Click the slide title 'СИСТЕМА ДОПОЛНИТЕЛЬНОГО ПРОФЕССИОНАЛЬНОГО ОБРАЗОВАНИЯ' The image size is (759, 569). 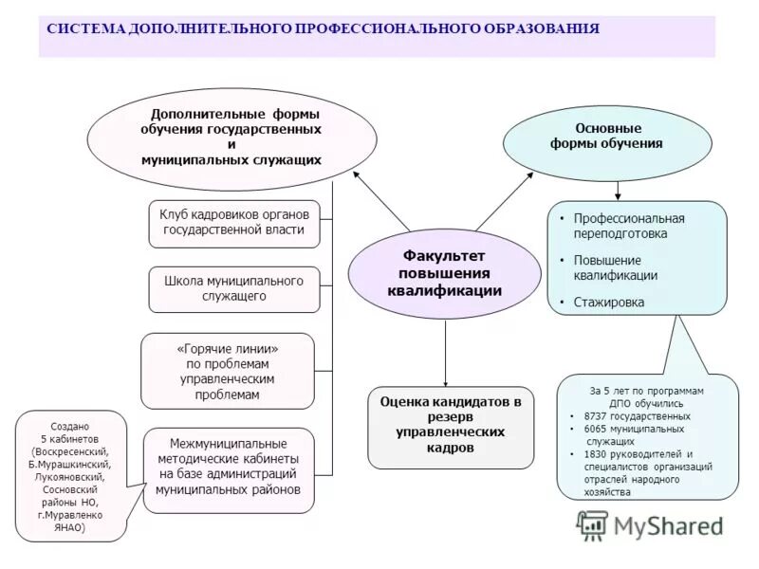[x=323, y=29]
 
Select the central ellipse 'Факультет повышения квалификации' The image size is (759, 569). [x=444, y=273]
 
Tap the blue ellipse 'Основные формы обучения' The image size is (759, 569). [x=606, y=137]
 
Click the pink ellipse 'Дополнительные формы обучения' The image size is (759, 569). [x=231, y=138]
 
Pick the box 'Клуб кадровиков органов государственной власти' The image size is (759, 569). [x=233, y=223]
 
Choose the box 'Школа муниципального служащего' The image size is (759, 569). [x=233, y=289]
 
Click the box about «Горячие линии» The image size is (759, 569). [x=227, y=371]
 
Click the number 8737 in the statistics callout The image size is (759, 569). [x=600, y=416]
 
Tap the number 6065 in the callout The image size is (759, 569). [x=600, y=430]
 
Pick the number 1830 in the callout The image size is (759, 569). [x=600, y=454]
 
